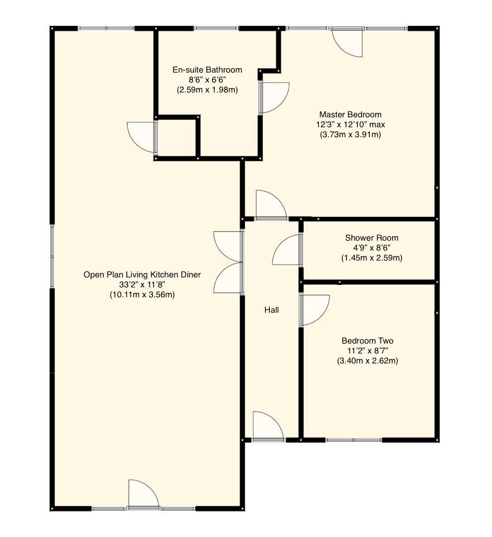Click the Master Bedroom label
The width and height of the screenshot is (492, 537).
click(350, 114)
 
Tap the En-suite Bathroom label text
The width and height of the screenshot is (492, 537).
click(207, 70)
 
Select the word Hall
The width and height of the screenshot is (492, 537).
click(271, 310)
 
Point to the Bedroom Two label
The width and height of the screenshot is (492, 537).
click(367, 341)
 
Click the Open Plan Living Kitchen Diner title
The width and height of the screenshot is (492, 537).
click(142, 274)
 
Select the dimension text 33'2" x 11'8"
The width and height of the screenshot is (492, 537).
click(142, 284)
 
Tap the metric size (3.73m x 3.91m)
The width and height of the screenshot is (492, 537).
click(350, 134)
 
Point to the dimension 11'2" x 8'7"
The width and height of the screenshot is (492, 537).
click(367, 351)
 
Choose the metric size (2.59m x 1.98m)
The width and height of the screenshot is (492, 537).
click(207, 90)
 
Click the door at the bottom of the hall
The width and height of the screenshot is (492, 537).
click(267, 427)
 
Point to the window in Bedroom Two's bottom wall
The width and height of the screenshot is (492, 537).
click(353, 440)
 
